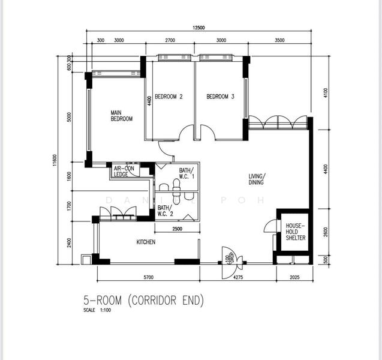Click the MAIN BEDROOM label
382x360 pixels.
121,116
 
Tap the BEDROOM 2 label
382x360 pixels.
169,97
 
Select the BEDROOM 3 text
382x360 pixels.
220,97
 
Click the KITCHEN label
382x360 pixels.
146,242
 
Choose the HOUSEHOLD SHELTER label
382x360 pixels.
295,232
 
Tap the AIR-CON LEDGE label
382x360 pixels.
124,172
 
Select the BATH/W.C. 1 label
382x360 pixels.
184,173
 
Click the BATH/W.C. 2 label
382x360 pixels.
166,210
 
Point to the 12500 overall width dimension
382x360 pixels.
199,28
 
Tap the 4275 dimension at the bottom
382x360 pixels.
237,277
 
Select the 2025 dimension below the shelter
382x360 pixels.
294,277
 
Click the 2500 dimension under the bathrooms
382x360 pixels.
178,229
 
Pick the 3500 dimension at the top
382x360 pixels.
279,41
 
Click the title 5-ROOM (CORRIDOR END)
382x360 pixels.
143,301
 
